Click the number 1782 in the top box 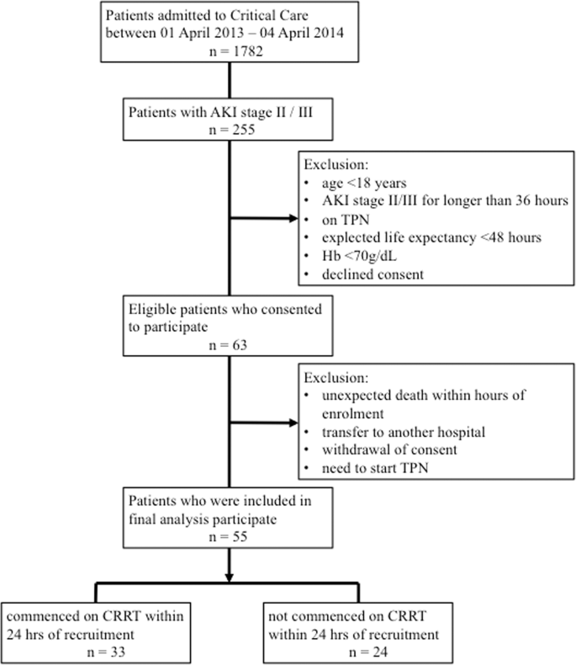pyautogui.click(x=248, y=51)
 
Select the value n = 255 pyautogui.click(x=232, y=130)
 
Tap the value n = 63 pyautogui.click(x=228, y=345)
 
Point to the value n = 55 pyautogui.click(x=228, y=536)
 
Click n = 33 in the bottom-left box pyautogui.click(x=106, y=652)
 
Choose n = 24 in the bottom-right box pyautogui.click(x=368, y=652)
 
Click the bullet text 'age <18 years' pyautogui.click(x=364, y=183)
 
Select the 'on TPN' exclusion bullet pyautogui.click(x=346, y=220)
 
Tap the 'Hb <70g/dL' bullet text pyautogui.click(x=359, y=256)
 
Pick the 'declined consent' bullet pyautogui.click(x=373, y=274)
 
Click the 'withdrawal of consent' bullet pyautogui.click(x=389, y=450)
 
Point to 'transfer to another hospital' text pyautogui.click(x=404, y=432)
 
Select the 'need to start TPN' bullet pyautogui.click(x=375, y=468)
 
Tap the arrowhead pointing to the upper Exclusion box pyautogui.click(x=293, y=218)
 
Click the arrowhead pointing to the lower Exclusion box pyautogui.click(x=293, y=423)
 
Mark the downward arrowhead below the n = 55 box pyautogui.click(x=229, y=578)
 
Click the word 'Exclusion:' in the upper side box pyautogui.click(x=336, y=164)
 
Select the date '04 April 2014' pyautogui.click(x=302, y=33)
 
